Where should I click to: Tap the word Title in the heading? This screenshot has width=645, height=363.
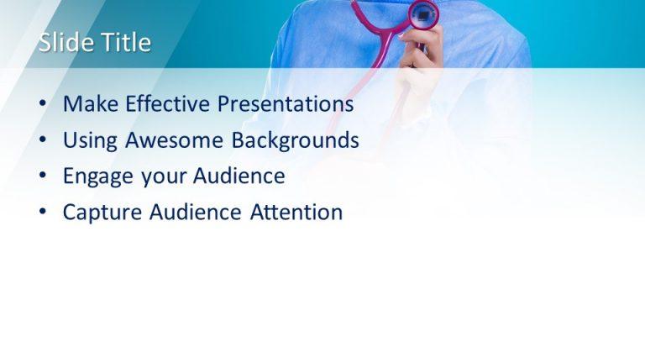pyautogui.click(x=124, y=43)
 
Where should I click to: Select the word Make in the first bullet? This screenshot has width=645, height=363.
pyautogui.click(x=91, y=104)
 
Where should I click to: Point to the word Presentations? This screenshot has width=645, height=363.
pyautogui.click(x=286, y=104)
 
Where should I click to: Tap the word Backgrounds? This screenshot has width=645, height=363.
pyautogui.click(x=296, y=140)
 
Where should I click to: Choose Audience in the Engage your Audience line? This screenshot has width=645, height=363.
pyautogui.click(x=239, y=176)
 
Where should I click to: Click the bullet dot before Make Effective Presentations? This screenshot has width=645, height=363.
pyautogui.click(x=43, y=105)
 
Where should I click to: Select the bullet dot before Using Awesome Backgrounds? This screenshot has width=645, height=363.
pyautogui.click(x=43, y=141)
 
